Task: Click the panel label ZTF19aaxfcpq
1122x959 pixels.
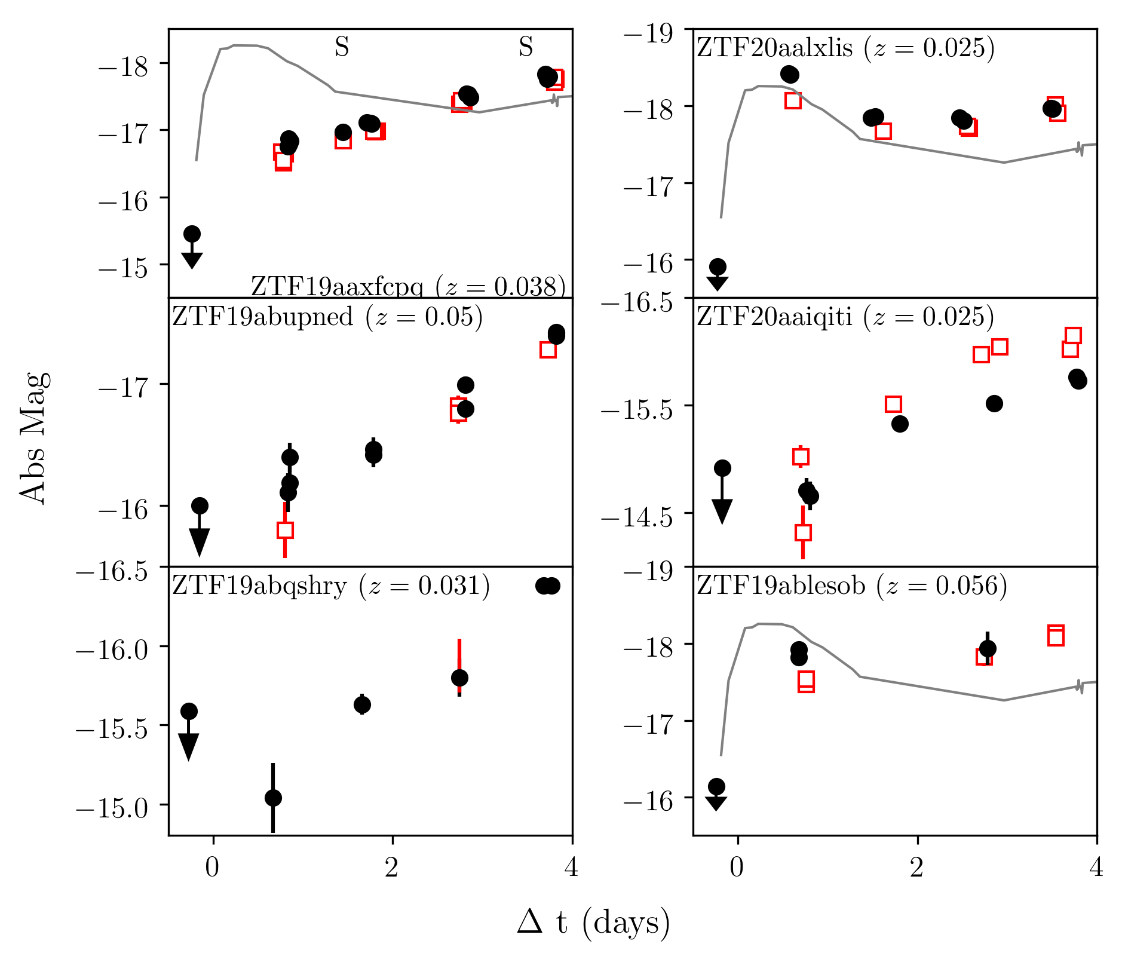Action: pyautogui.click(x=407, y=287)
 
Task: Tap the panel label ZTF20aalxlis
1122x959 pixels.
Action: pyautogui.click(x=845, y=48)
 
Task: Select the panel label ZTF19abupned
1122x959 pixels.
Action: pyautogui.click(x=327, y=317)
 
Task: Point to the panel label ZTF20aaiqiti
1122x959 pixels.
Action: pyautogui.click(x=845, y=317)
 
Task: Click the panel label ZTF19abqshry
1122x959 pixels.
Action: pyautogui.click(x=331, y=586)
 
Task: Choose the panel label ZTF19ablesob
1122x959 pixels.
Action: pyautogui.click(x=851, y=586)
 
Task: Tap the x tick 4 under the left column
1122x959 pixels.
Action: pyautogui.click(x=572, y=868)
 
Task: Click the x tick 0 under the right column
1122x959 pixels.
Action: pyautogui.click(x=737, y=868)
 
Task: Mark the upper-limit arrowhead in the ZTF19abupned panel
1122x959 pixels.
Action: pyautogui.click(x=199, y=541)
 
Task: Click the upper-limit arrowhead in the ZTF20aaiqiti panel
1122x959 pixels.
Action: pyautogui.click(x=722, y=511)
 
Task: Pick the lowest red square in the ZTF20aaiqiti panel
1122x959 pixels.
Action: pyautogui.click(x=803, y=532)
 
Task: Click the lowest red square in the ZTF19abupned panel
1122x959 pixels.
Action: pyautogui.click(x=285, y=530)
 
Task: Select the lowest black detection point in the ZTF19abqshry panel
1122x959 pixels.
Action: pyautogui.click(x=273, y=798)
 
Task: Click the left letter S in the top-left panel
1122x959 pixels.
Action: pyautogui.click(x=342, y=47)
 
